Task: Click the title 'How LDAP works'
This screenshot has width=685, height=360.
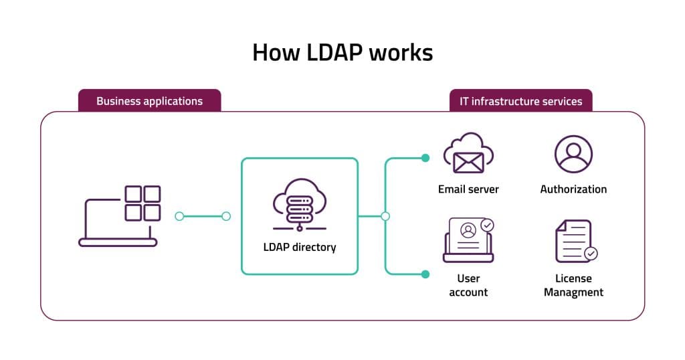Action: (342, 52)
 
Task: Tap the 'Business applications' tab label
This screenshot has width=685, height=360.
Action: (149, 102)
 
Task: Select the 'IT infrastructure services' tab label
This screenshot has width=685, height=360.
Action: (520, 102)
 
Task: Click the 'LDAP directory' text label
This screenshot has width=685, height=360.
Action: (299, 247)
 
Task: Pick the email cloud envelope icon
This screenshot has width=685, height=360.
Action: (468, 155)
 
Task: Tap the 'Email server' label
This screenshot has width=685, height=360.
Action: (468, 189)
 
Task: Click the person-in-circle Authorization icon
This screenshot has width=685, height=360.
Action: (573, 154)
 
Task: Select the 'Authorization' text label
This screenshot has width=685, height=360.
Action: (573, 189)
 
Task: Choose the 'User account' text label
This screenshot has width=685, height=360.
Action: (468, 285)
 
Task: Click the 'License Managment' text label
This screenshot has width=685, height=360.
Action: (573, 285)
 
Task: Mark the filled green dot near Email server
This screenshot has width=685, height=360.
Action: (425, 159)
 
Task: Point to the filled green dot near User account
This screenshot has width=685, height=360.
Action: (425, 274)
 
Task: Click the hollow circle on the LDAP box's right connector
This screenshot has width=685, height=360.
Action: (385, 216)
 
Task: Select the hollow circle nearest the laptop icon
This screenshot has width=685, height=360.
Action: (179, 216)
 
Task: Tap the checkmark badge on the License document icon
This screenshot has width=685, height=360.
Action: (591, 254)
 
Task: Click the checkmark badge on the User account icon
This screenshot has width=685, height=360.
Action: (488, 226)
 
